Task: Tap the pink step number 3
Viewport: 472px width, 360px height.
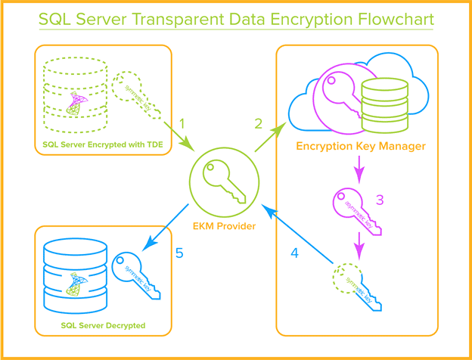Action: click(380, 200)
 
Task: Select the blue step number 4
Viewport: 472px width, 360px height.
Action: click(294, 253)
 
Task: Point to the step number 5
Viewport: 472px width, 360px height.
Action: click(179, 253)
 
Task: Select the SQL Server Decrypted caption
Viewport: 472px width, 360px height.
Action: click(102, 325)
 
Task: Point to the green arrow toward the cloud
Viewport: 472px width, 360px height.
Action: click(270, 138)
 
